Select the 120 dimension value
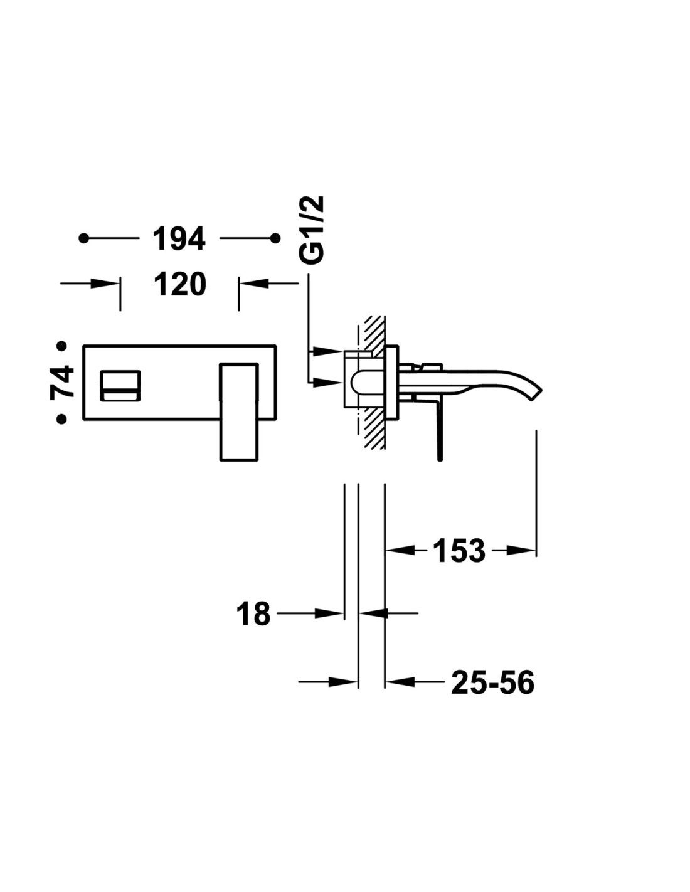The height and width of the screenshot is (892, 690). click(x=180, y=284)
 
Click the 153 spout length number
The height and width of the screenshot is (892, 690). click(x=459, y=551)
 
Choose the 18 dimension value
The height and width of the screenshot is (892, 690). click(x=253, y=625)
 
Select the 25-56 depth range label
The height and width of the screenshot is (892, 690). click(x=492, y=682)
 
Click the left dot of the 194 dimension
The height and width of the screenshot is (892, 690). click(x=83, y=238)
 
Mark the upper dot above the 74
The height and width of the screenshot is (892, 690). click(x=62, y=346)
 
